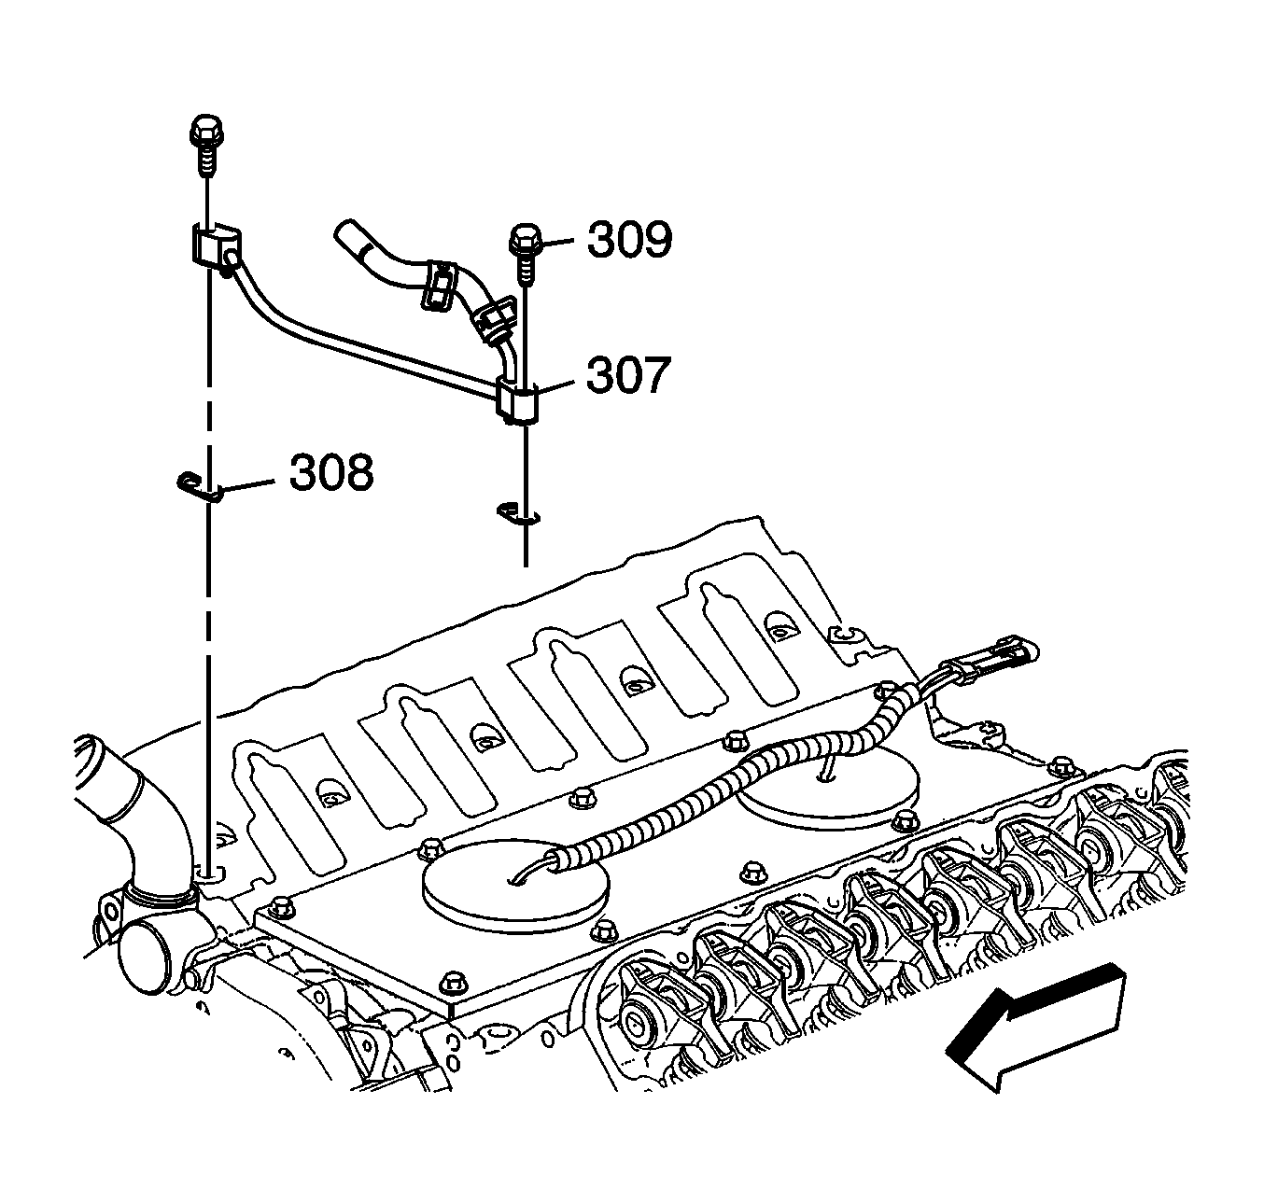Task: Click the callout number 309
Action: point(629,240)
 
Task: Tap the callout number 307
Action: point(628,375)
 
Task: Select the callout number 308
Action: point(331,472)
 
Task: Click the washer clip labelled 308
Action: point(199,487)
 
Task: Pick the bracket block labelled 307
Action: point(517,402)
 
